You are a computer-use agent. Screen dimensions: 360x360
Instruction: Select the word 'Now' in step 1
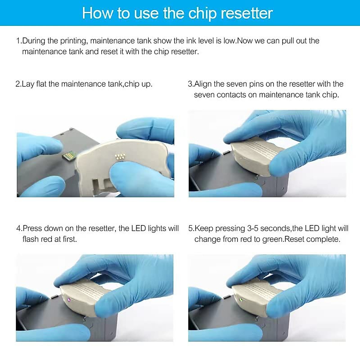(245, 41)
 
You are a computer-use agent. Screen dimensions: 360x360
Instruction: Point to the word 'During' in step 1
(34, 41)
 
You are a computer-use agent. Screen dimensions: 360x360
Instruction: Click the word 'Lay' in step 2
(28, 84)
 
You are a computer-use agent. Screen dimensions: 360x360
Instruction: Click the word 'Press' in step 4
(32, 228)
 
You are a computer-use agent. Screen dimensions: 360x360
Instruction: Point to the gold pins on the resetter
(120, 156)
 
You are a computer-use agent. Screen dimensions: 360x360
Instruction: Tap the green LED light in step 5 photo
(241, 299)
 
